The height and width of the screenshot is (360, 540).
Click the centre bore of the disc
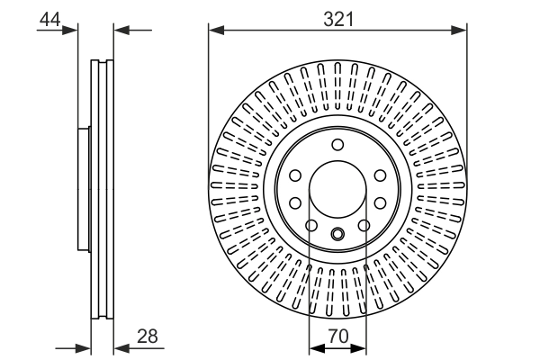pos(337,191)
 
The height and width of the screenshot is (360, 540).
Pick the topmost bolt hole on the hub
pos(337,146)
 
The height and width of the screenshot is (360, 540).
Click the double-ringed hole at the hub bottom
pos(337,236)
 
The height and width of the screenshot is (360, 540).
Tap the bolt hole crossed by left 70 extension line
pos(311,226)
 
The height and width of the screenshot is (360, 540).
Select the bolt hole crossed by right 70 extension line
pos(364,226)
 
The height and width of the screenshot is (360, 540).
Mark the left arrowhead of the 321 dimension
pos(215,30)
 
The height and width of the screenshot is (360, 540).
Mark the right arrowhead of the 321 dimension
pos(460,30)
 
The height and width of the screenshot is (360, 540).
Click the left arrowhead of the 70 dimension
pos(315,346)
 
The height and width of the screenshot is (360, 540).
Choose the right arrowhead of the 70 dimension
pos(360,346)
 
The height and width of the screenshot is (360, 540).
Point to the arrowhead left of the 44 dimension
pos(72,30)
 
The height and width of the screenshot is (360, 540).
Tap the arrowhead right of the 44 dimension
pos(121,30)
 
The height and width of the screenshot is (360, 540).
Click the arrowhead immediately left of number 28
pos(120,346)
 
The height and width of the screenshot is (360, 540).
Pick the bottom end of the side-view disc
pos(103,319)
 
